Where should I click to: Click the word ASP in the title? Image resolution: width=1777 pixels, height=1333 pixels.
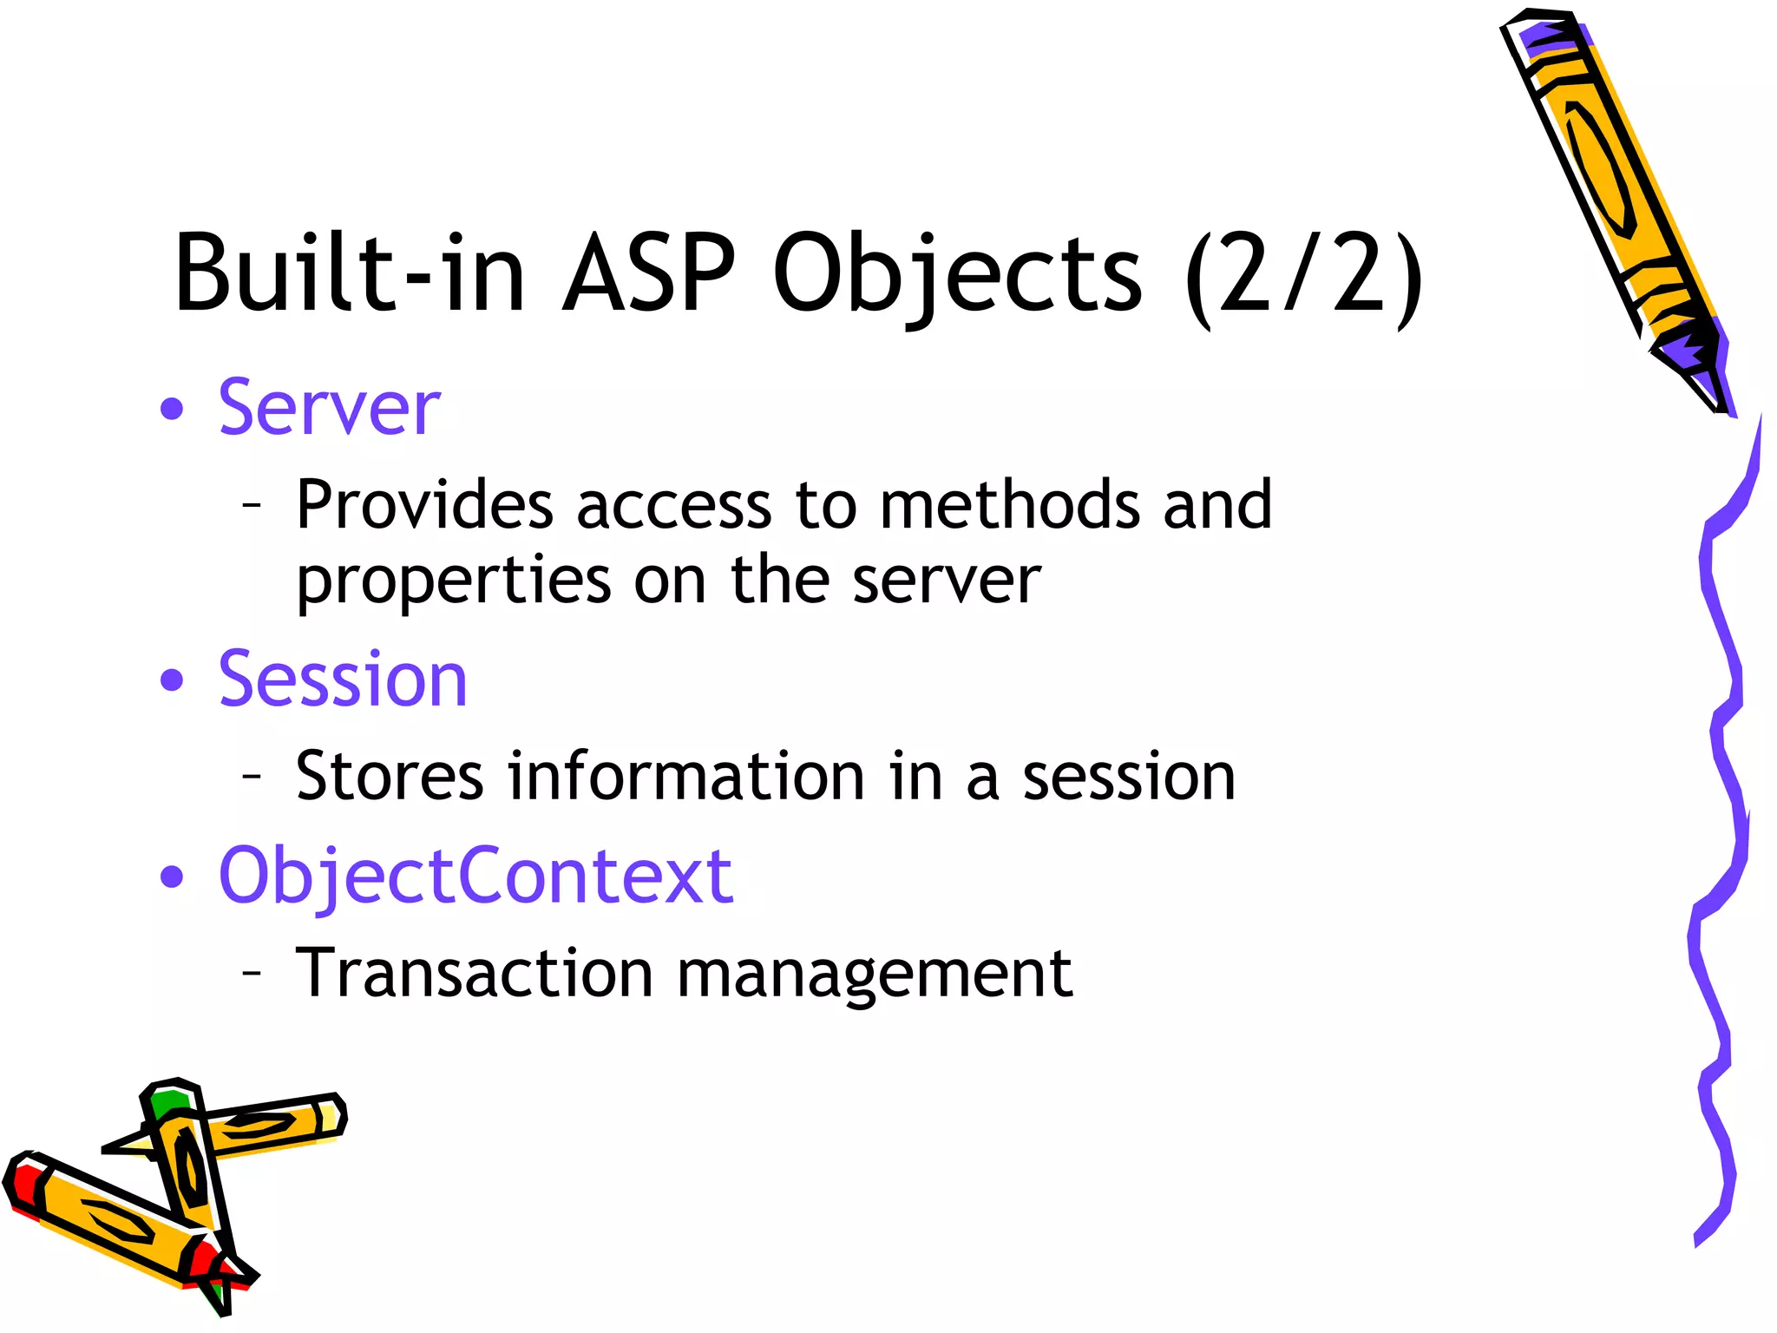(649, 274)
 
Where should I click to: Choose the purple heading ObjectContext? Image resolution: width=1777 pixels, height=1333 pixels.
(475, 877)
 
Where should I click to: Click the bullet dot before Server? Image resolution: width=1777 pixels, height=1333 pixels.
(173, 410)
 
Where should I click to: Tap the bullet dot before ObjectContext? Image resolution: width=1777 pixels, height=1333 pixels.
(173, 877)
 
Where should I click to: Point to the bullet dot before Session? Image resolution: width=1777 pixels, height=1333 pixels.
(173, 680)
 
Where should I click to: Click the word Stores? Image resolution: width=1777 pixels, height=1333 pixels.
(390, 776)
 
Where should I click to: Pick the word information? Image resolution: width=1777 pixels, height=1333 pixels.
(686, 776)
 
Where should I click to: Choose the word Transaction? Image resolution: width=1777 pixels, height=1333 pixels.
(474, 973)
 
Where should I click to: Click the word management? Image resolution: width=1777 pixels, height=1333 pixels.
(874, 975)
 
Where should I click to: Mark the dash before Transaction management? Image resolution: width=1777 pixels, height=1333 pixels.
(252, 973)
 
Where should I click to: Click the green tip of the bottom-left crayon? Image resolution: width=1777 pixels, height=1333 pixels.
(167, 1103)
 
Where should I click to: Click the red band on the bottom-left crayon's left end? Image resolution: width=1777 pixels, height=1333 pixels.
(24, 1185)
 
